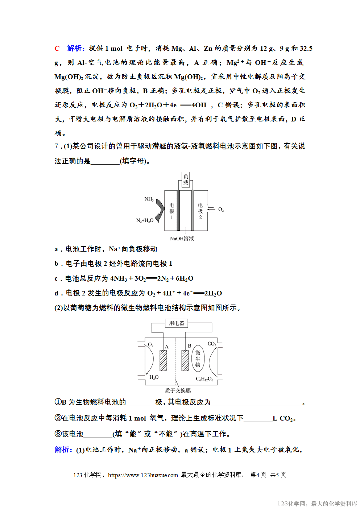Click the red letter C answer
click(x=57, y=49)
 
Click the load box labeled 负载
click(x=186, y=179)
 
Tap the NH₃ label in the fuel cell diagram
click(x=149, y=199)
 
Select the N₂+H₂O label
click(x=145, y=220)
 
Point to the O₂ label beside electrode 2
click(x=221, y=210)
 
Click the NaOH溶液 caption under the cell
click(x=182, y=239)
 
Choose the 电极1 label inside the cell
click(x=171, y=211)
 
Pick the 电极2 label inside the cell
click(x=200, y=211)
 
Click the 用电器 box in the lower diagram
click(x=177, y=323)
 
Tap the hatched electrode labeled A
click(x=163, y=360)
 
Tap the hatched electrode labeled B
click(x=185, y=360)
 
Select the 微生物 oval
click(x=198, y=359)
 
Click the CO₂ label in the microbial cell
click(x=212, y=344)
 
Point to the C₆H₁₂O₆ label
click(x=204, y=379)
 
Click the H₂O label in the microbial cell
click(x=154, y=377)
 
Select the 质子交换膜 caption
click(x=178, y=390)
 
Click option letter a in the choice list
click(x=56, y=249)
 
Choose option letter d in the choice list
click(x=56, y=293)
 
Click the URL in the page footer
click(x=143, y=475)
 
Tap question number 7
click(x=57, y=146)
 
